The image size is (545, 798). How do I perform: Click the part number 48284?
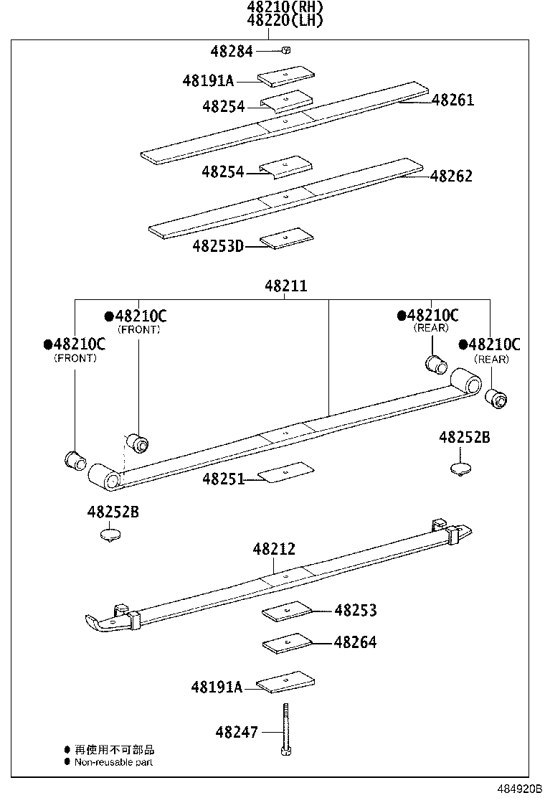point(232,52)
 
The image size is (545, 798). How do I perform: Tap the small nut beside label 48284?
point(285,50)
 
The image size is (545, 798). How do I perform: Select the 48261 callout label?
point(452,100)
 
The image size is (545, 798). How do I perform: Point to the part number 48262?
point(451,176)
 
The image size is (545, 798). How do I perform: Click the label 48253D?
point(218,247)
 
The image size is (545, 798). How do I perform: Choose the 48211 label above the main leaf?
point(286,286)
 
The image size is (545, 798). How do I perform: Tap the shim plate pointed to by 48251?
point(286,471)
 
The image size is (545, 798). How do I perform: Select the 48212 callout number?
point(273,549)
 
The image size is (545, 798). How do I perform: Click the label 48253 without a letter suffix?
point(355,611)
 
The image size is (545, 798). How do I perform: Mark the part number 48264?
point(355,642)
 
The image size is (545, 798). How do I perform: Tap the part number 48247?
point(237,732)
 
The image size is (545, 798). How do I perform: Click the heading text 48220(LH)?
point(285,21)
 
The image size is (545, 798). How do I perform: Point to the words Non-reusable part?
point(113,762)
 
